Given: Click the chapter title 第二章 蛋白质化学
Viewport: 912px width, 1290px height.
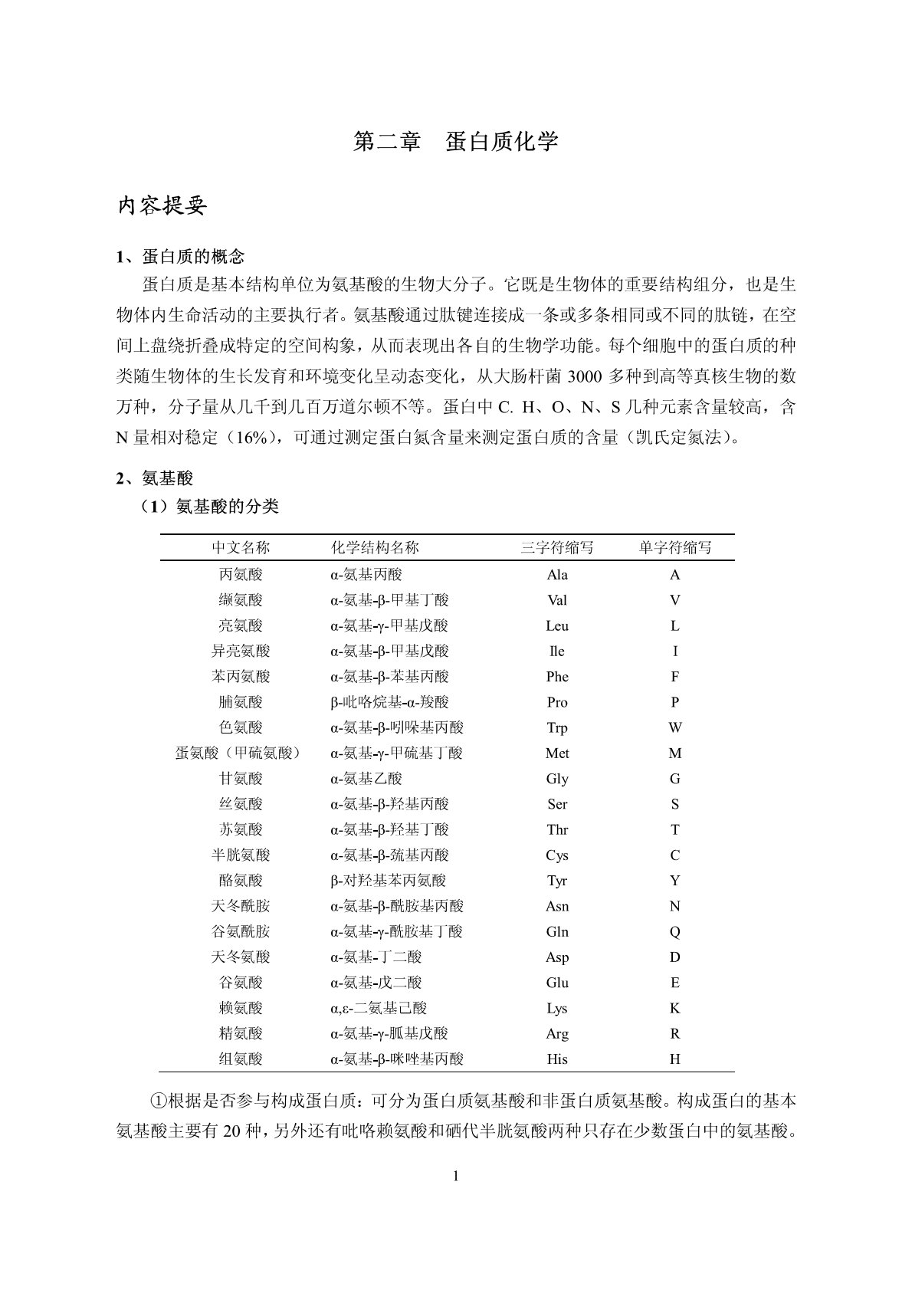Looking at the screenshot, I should [455, 142].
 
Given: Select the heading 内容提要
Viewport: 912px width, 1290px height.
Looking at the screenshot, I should [162, 206].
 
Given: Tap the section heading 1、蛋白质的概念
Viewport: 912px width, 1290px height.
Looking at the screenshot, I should [180, 256].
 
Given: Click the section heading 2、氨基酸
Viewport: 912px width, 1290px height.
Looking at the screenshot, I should [155, 478].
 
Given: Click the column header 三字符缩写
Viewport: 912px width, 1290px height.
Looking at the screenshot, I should [557, 548].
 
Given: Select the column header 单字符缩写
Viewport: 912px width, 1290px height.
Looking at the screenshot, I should [674, 548].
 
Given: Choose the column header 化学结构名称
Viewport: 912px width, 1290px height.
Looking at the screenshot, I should [375, 548].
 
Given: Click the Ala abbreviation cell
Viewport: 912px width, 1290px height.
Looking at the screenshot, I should [557, 575].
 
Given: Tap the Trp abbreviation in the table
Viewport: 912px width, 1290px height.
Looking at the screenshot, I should [557, 727].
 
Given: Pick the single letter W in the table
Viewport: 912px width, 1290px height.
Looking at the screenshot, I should [674, 727].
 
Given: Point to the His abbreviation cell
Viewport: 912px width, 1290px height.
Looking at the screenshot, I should [557, 1059].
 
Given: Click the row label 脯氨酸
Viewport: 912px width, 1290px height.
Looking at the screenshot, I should [241, 702].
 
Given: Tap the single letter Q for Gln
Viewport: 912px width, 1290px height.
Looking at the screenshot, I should [674, 932].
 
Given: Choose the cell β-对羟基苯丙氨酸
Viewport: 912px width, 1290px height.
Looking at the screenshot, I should [388, 881].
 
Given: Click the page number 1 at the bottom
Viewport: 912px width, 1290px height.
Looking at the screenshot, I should [456, 1177].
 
